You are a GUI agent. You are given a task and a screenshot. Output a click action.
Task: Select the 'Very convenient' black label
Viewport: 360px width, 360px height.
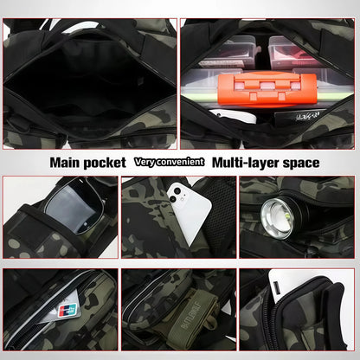point(169,162)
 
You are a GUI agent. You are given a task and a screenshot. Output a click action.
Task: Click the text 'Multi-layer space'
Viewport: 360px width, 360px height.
point(266,162)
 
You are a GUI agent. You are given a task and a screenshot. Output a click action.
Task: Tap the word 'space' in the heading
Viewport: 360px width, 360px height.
point(299,162)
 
